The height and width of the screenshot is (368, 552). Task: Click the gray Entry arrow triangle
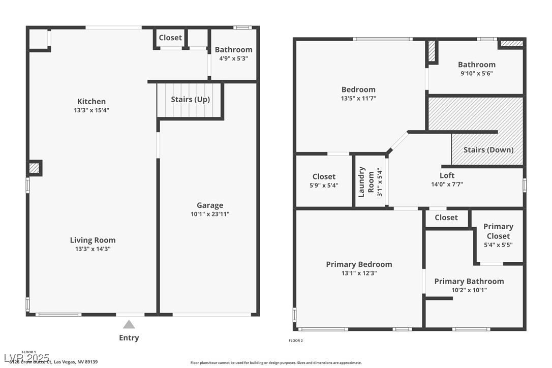[129, 324]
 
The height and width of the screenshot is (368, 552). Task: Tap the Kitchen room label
[91, 101]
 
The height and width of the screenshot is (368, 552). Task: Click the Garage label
[210, 205]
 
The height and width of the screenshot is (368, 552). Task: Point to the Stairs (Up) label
[190, 99]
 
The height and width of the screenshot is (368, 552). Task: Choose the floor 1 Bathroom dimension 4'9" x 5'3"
[233, 58]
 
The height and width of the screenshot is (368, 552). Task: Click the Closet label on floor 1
[170, 38]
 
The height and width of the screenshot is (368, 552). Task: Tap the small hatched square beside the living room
[34, 168]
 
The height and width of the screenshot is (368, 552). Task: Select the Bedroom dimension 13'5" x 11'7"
[358, 98]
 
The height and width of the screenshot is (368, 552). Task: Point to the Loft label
[447, 175]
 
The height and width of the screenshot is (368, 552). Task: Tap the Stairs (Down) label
[488, 149]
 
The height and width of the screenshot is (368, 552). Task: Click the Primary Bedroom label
[359, 264]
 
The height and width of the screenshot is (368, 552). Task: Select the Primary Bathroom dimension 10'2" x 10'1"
[469, 290]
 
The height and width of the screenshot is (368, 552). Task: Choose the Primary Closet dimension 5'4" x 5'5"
[498, 244]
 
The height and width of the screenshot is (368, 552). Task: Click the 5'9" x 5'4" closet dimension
[324, 186]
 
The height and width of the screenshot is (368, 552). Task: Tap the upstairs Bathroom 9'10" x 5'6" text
[476, 73]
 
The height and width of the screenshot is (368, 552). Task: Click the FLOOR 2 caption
[296, 341]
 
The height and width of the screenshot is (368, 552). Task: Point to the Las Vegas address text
[53, 362]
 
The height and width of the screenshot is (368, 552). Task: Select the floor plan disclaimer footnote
[276, 363]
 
